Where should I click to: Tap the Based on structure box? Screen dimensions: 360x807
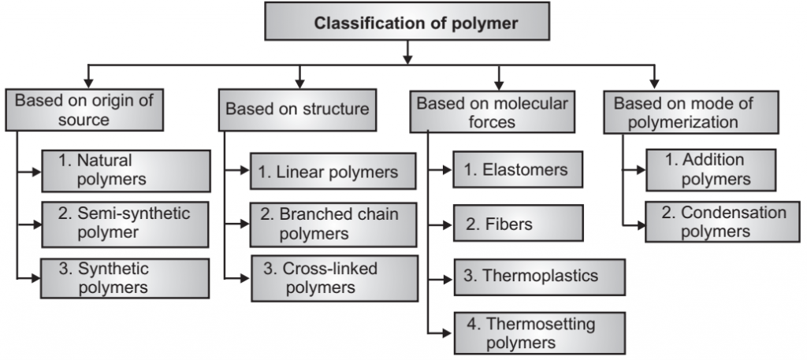click(297, 109)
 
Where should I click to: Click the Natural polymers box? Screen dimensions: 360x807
click(125, 170)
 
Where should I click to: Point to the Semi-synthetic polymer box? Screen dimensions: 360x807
click(125, 223)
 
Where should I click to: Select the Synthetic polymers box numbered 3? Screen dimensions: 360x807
click(125, 278)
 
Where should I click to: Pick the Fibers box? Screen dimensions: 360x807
click(519, 225)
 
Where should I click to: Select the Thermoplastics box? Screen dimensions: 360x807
click(539, 276)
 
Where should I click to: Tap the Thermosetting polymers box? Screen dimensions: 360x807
click(539, 333)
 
